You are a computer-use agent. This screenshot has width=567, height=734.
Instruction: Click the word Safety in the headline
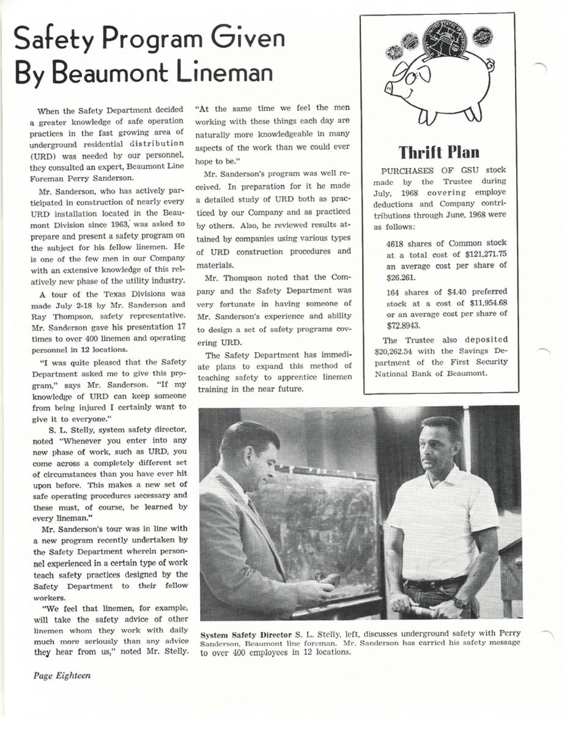click(56, 40)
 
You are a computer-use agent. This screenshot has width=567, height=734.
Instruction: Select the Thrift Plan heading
click(439, 151)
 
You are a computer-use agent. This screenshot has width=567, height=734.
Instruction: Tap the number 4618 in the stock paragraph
click(398, 243)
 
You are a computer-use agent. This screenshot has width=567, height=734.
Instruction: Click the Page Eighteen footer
click(62, 675)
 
